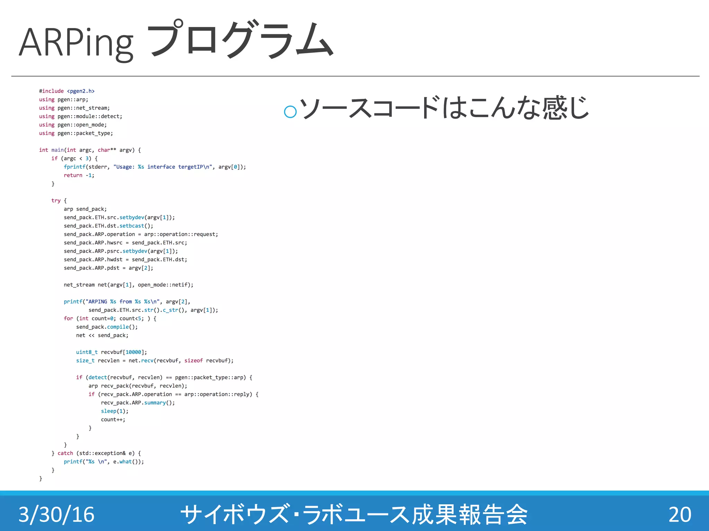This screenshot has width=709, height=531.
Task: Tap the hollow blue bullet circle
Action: click(290, 111)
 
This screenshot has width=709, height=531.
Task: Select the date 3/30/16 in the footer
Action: click(56, 514)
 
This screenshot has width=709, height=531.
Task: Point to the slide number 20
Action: click(680, 514)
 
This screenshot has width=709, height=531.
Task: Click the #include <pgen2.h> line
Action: click(67, 91)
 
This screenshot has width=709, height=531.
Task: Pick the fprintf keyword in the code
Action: click(74, 167)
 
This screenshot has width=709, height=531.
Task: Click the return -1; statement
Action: click(79, 175)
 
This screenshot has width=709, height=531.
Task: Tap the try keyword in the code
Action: click(56, 201)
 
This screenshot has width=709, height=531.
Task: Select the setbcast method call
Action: click(132, 226)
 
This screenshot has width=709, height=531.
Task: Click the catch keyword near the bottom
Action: click(65, 453)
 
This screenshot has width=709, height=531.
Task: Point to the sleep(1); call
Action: click(115, 411)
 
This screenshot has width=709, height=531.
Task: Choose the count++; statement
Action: click(113, 420)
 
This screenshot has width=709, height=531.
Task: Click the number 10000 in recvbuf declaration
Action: click(133, 352)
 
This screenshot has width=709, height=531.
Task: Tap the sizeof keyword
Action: click(193, 361)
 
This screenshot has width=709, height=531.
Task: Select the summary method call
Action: click(155, 403)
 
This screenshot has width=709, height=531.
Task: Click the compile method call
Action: click(118, 327)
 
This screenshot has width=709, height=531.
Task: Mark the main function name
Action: click(57, 150)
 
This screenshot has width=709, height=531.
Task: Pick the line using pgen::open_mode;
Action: click(73, 125)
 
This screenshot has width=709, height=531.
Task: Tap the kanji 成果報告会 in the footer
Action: click(469, 514)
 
